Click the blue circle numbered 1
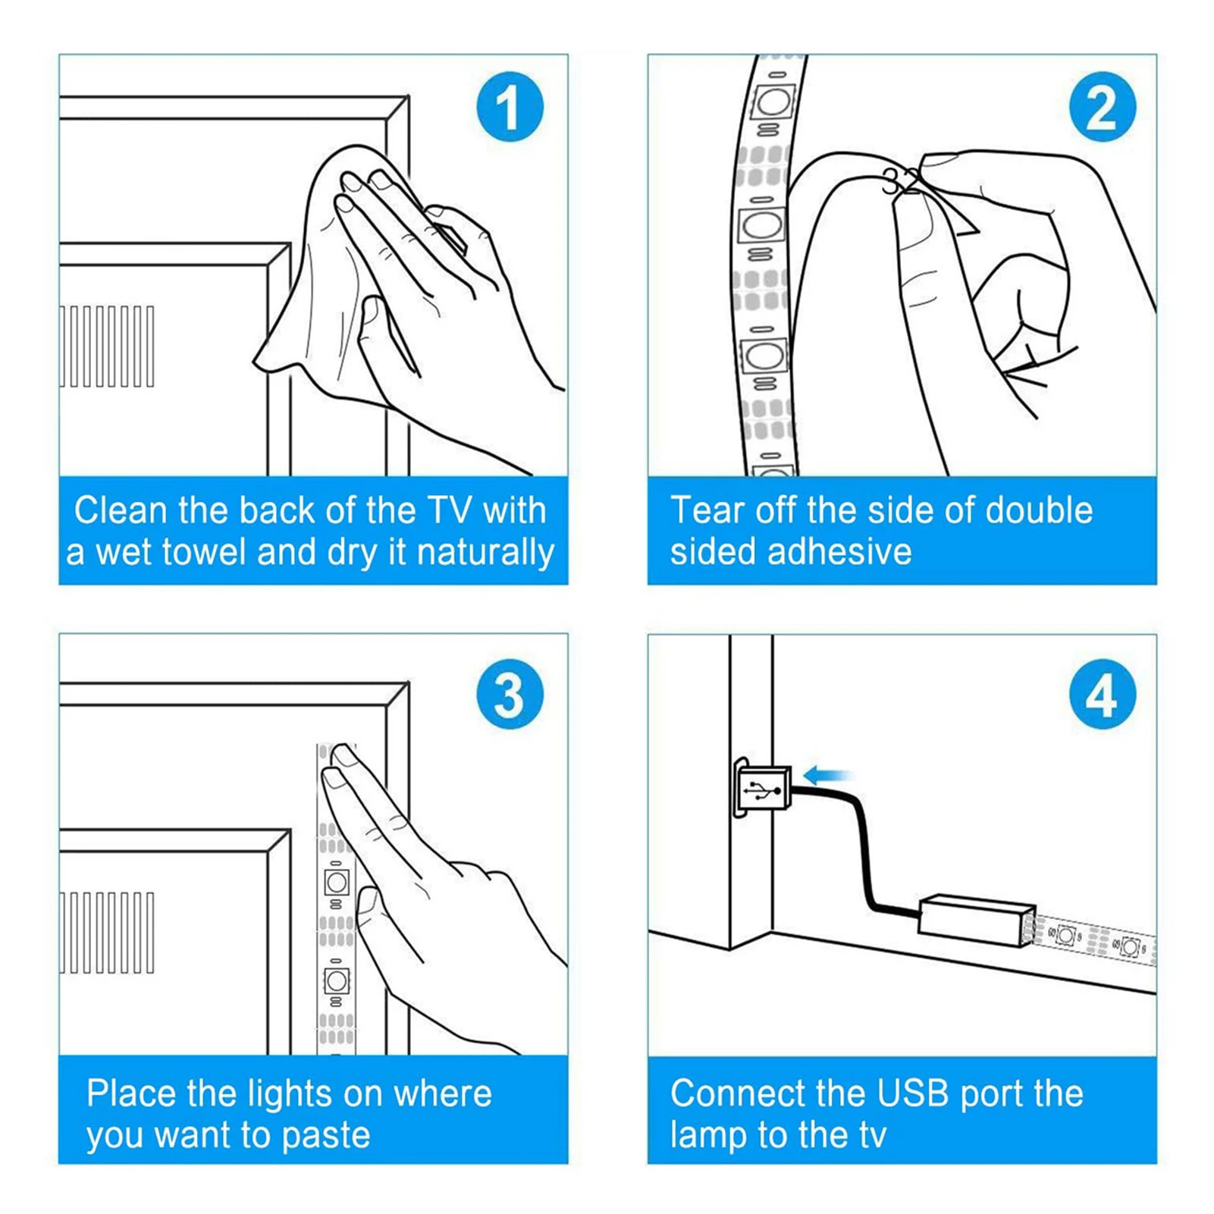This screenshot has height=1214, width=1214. pos(510,107)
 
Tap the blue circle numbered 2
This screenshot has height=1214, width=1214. pos(1102,107)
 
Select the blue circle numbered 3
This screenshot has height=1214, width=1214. pos(510,695)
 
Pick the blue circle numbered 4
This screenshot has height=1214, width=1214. pos(1102,695)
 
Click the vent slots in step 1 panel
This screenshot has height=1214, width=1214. pos(107,347)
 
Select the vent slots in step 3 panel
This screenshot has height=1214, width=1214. pos(107,933)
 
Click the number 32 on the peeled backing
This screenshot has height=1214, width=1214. pos(901,182)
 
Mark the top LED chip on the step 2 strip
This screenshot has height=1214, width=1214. pos(772,101)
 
